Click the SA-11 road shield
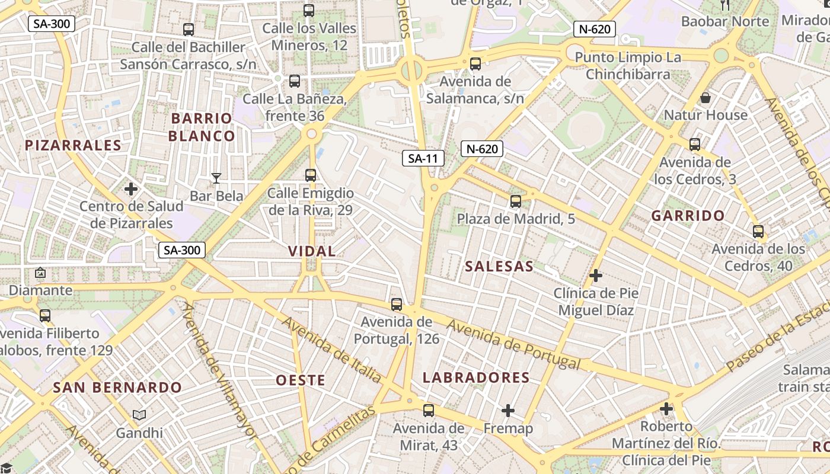[423, 158]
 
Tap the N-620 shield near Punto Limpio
[595, 29]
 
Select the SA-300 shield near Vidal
[182, 250]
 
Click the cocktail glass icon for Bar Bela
[216, 178]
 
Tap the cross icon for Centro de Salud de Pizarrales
[131, 190]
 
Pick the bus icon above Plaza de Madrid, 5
[516, 201]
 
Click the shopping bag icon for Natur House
[705, 97]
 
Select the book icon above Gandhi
[139, 415]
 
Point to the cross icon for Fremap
[508, 410]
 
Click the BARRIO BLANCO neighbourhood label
[202, 127]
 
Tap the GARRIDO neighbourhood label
[688, 216]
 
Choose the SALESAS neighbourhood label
[499, 267]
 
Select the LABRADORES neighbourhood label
[476, 377]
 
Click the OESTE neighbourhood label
[301, 380]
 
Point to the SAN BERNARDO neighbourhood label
[117, 387]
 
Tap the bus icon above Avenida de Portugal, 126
[397, 305]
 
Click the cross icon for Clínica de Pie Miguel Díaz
[596, 276]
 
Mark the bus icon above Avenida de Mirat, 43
[429, 410]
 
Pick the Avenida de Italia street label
[332, 350]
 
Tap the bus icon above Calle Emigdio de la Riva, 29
[311, 175]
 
